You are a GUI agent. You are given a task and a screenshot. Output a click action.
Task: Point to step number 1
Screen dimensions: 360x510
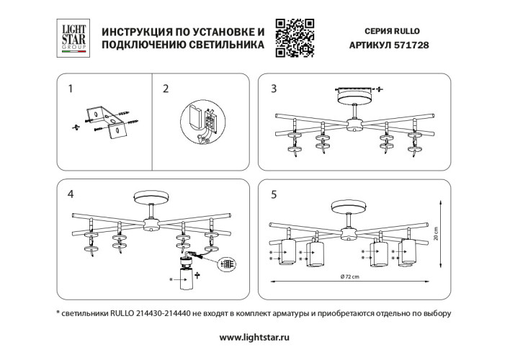click(x=70, y=89)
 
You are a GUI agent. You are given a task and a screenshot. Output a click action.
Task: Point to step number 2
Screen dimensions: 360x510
click(x=166, y=89)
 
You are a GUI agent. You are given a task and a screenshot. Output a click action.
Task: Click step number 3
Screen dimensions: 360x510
click(x=273, y=89)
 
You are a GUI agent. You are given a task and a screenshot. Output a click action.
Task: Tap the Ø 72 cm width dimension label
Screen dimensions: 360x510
click(x=352, y=277)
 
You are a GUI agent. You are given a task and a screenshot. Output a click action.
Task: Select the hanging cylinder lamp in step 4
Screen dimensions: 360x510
click(x=187, y=284)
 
